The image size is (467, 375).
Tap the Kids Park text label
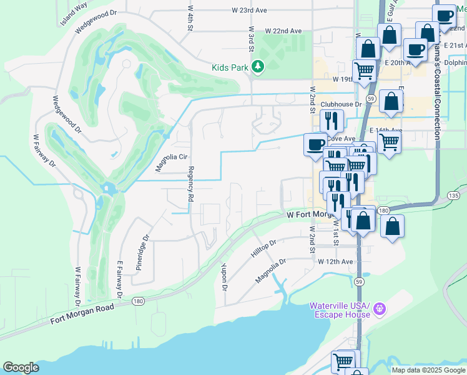click(230, 67)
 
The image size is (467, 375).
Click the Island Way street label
click(74, 15)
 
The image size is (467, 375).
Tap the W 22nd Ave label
click(283, 31)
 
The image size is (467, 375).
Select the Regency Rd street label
click(191, 183)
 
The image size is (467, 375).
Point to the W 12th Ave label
click(336, 261)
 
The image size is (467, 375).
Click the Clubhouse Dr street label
click(341, 105)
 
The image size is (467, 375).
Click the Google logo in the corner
click(21, 367)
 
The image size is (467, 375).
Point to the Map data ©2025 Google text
click(428, 370)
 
